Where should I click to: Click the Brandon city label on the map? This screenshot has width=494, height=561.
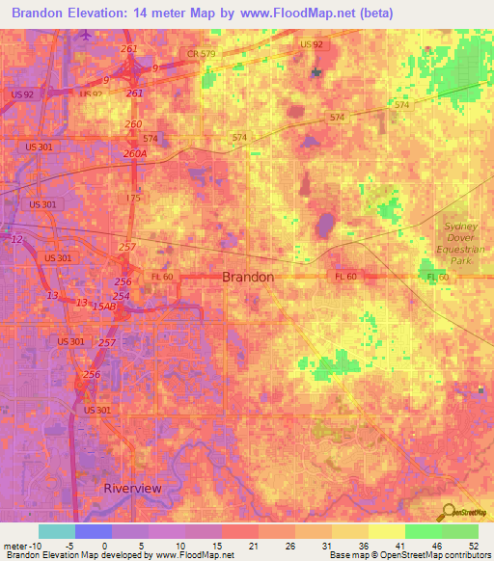pos(248,277)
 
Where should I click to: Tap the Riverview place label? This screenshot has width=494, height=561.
pos(132,488)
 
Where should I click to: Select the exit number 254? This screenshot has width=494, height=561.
pos(121,296)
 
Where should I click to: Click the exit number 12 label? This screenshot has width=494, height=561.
pos(16,239)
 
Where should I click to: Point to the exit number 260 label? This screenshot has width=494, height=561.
pos(133,124)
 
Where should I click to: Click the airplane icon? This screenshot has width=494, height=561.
pos(87,35)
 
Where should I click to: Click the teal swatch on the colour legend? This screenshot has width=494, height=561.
pos(57,531)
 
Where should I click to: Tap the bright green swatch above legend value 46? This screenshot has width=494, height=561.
pos(423,531)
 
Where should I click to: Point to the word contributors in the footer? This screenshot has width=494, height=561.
pos(468,555)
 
